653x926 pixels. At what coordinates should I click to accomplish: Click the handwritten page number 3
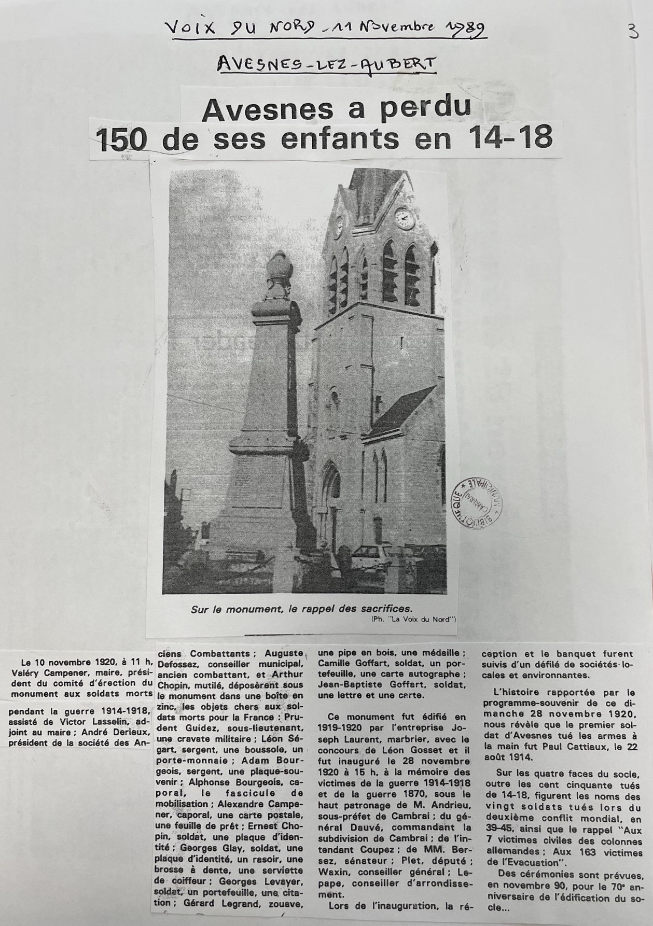[633, 34]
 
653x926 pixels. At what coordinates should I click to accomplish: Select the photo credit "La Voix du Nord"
[422, 619]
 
